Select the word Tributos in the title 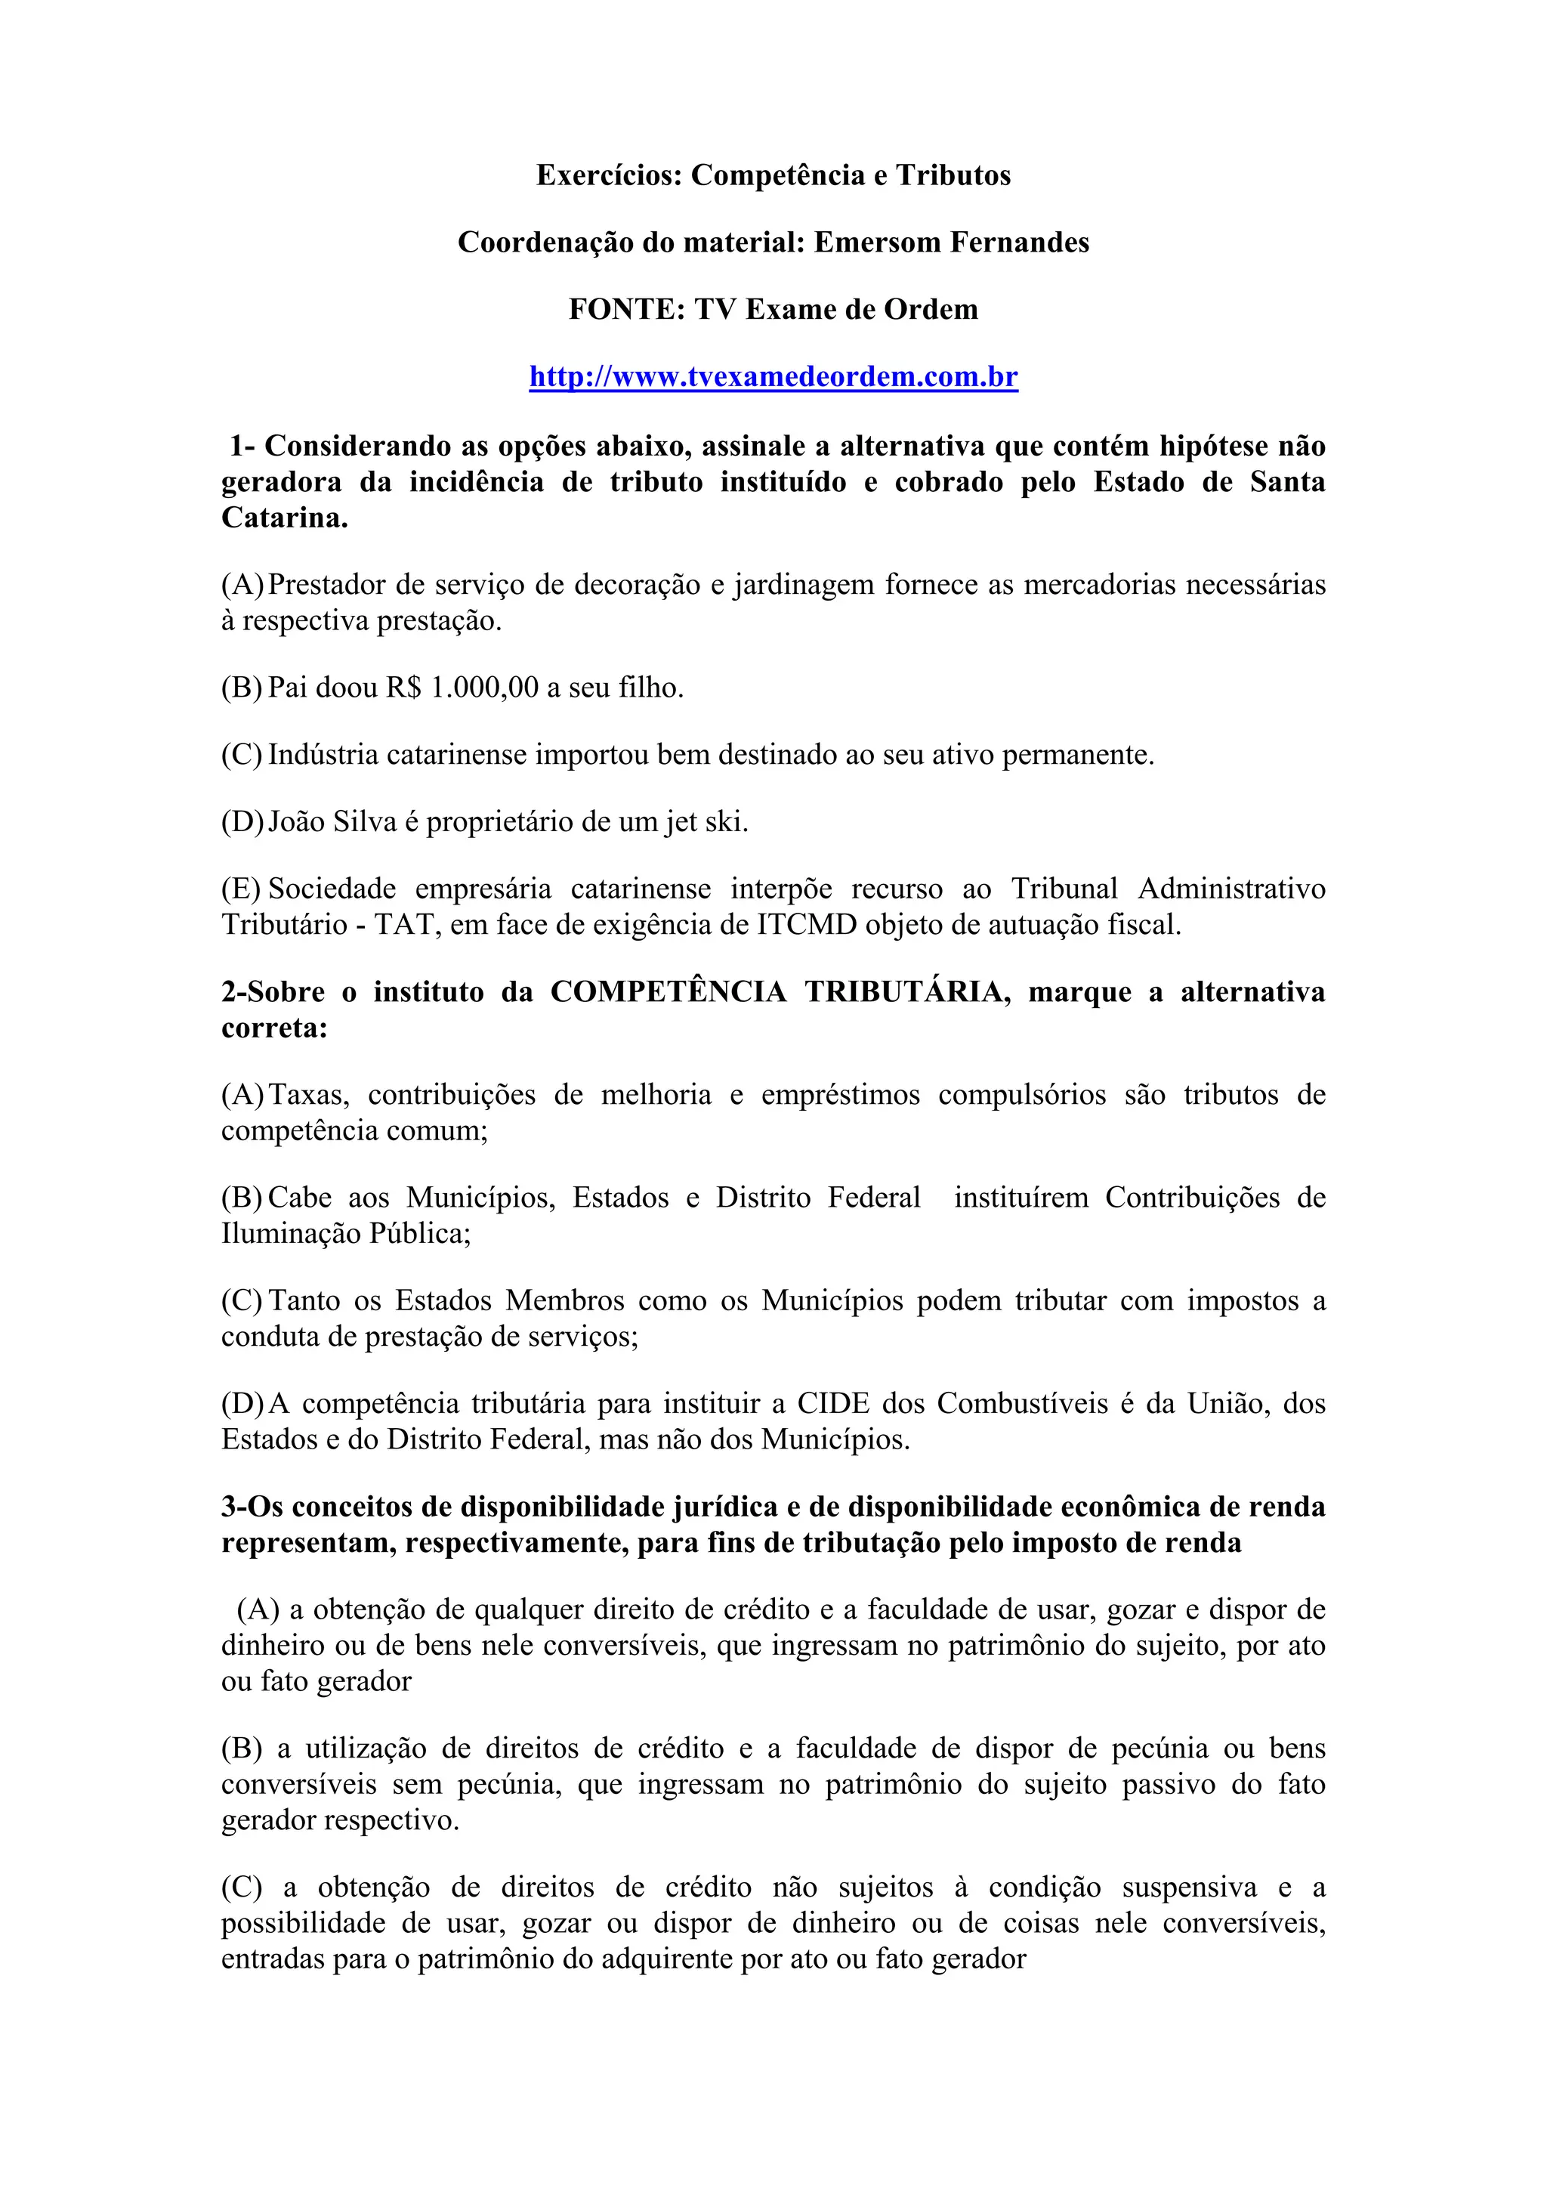pos(953,175)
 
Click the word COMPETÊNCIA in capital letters pos(669,991)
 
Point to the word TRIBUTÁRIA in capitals pos(907,991)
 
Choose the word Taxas pos(309,1093)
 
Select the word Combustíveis pos(1023,1402)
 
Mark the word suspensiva pos(1189,1887)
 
